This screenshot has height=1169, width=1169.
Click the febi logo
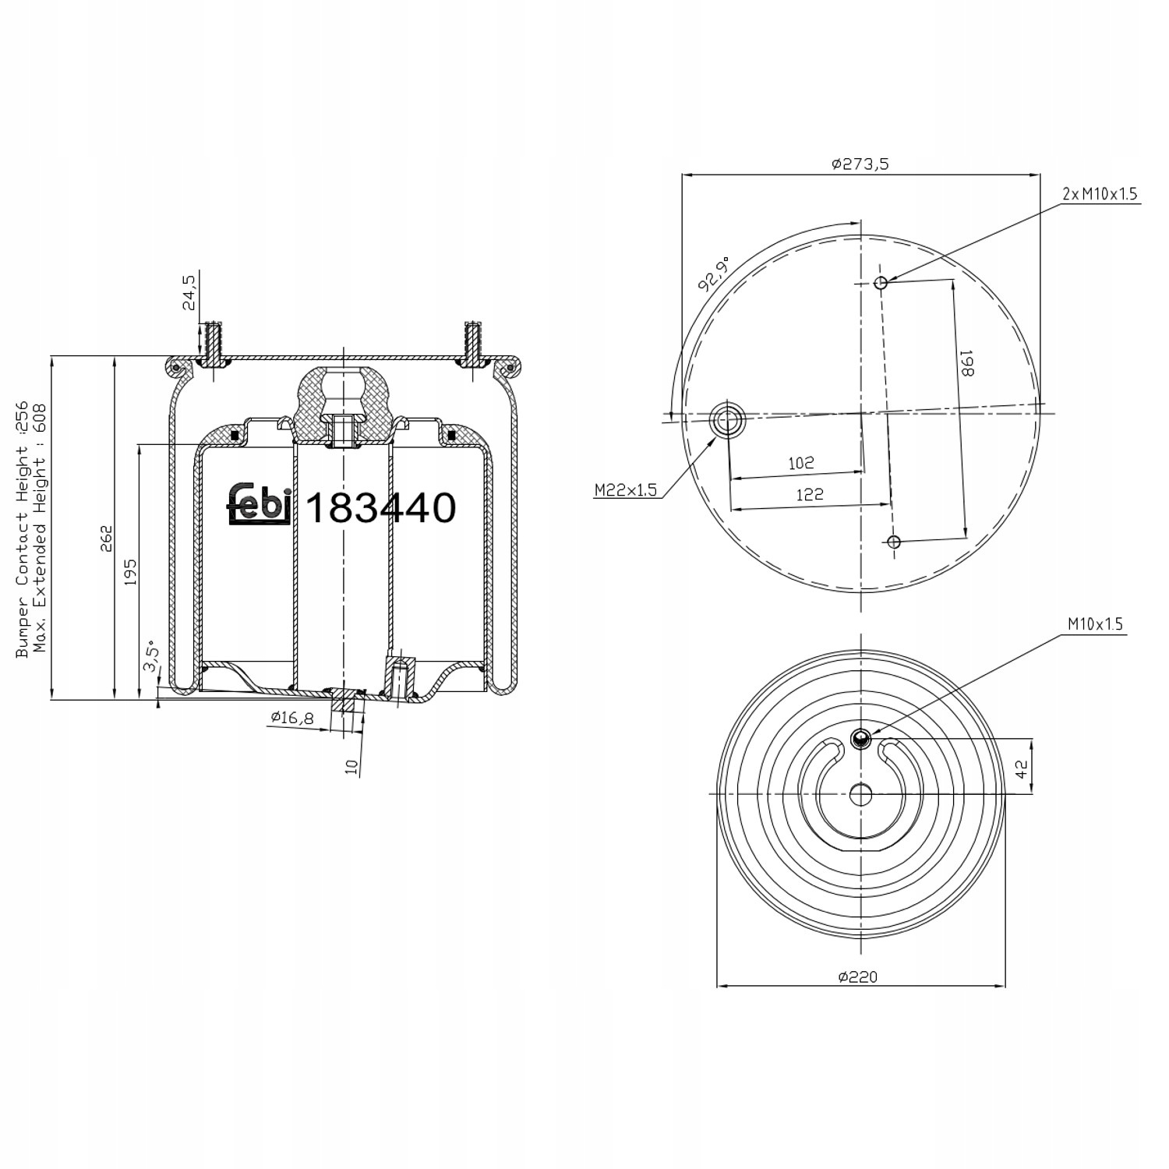[x=260, y=504]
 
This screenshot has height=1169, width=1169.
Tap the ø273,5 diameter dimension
[x=860, y=164]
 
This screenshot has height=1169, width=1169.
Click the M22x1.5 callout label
[x=626, y=489]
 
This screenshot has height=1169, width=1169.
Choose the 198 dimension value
[x=967, y=363]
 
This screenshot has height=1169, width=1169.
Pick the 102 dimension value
[x=801, y=463]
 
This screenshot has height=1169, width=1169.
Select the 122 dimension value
[x=811, y=494]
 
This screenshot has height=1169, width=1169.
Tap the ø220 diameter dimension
[x=858, y=977]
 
